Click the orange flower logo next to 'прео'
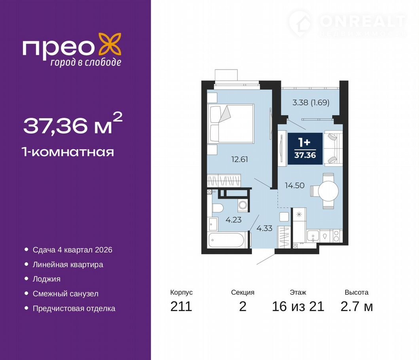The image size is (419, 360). [110, 44]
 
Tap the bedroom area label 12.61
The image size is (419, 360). [240, 159]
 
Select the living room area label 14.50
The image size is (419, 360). [295, 185]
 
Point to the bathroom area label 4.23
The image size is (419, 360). [233, 220]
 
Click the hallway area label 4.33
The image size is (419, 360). [264, 228]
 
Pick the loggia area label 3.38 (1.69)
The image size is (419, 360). [311, 102]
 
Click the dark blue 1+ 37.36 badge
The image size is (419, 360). [305, 149]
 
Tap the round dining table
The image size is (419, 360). [328, 191]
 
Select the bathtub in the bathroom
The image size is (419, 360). [226, 240]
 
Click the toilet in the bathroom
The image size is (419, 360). [218, 208]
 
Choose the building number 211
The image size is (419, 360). [181, 306]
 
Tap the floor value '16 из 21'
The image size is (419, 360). [298, 306]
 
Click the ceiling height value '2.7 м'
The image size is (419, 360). [356, 306]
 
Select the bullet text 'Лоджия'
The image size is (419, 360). [47, 279]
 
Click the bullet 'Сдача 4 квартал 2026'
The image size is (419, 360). [72, 250]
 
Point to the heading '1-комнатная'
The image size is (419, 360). [68, 152]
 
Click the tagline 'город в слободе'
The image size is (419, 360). [86, 63]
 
